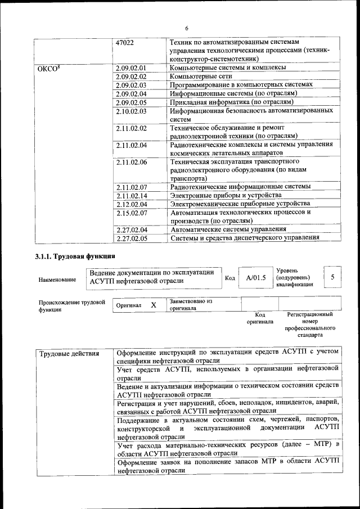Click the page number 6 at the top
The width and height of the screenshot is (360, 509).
click(186, 28)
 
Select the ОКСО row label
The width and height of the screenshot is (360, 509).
click(48, 69)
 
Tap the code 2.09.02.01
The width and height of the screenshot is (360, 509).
click(130, 68)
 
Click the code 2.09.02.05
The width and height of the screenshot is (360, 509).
click(130, 102)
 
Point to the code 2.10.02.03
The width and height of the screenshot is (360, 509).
click(130, 111)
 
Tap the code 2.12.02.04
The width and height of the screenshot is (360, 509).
click(130, 204)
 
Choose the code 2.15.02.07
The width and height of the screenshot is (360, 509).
click(130, 213)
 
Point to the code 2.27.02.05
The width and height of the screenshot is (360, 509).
click(130, 238)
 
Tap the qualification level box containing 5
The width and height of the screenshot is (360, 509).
click(332, 277)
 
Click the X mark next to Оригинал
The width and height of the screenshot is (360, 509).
click(153, 304)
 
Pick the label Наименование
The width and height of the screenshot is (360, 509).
click(57, 280)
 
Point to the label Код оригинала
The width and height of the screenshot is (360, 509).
click(259, 318)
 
